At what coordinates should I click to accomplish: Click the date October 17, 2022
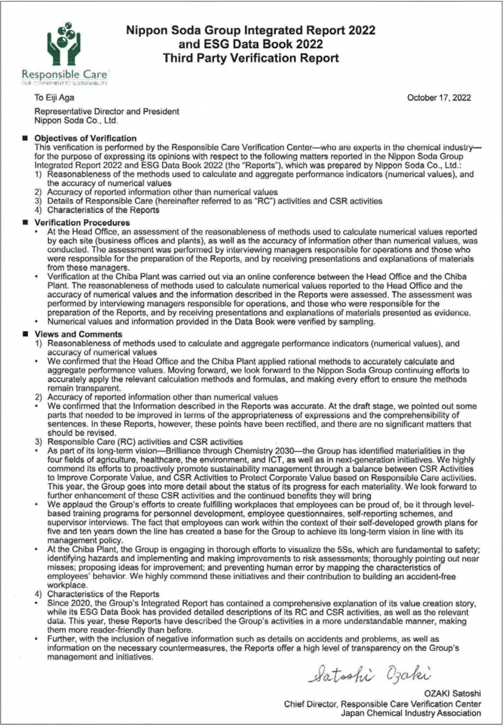439,98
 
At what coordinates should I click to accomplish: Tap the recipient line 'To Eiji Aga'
54,97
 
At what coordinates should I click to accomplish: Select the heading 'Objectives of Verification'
86,138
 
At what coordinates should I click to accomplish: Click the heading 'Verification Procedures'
82,222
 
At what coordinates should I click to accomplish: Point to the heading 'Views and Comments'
78,334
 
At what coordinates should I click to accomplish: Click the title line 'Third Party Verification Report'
251,58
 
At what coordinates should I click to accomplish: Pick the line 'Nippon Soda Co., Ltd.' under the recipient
76,121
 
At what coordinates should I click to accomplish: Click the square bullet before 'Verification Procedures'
25,222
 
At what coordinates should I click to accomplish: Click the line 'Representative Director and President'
107,111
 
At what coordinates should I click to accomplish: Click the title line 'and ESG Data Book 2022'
251,44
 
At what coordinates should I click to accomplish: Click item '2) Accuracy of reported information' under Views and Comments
157,397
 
